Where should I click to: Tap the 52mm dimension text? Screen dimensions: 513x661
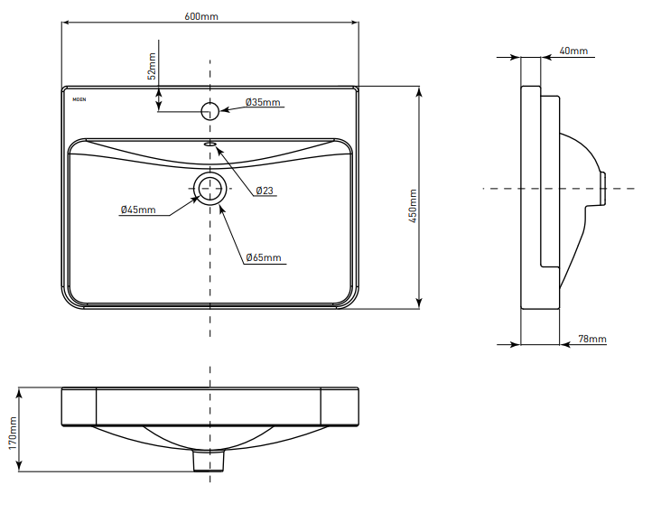152,67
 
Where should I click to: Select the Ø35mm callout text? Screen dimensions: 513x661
264,102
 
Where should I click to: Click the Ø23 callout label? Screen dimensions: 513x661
265,191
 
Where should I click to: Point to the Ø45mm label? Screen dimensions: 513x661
138,210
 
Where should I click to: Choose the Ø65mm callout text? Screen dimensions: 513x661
264,258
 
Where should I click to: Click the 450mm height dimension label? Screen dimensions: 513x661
414,206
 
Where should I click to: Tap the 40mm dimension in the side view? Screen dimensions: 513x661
573,51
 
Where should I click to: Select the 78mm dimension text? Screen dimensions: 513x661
592,339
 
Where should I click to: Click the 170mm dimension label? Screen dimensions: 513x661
13,432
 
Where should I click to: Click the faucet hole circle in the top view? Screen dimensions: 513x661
209,111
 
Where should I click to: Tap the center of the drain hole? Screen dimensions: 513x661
209,188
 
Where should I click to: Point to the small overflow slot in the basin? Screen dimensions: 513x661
209,143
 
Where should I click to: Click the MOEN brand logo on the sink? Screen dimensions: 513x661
79,100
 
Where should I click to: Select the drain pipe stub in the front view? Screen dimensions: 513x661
209,461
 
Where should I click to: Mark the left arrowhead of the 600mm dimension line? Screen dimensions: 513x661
65,23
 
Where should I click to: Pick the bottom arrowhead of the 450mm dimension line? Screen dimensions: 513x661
419,304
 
